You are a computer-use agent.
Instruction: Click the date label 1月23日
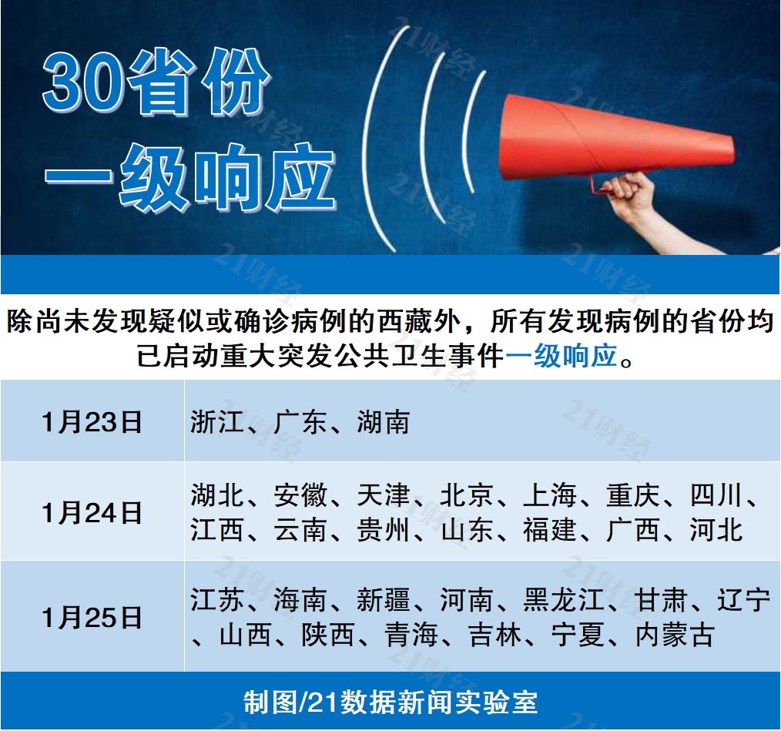[x=92, y=422]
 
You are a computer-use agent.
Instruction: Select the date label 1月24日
[x=92, y=513]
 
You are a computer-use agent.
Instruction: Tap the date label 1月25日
[x=92, y=618]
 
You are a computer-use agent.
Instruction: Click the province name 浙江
[x=216, y=422]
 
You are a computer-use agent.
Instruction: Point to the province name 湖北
[x=216, y=495]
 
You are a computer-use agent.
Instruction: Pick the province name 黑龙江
[x=563, y=599]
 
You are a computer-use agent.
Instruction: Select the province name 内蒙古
[x=675, y=635]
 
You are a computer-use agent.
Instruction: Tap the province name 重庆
[x=632, y=495]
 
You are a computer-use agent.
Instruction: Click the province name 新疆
[x=383, y=599]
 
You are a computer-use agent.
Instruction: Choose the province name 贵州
[x=383, y=530]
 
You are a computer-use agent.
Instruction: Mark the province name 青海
[x=411, y=635]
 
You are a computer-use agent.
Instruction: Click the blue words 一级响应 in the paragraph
[x=561, y=356]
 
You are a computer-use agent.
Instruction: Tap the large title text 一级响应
[x=190, y=177]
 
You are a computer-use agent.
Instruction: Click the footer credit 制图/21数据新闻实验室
[x=390, y=702]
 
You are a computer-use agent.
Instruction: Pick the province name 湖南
[x=383, y=422]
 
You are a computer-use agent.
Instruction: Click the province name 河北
[x=716, y=530]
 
